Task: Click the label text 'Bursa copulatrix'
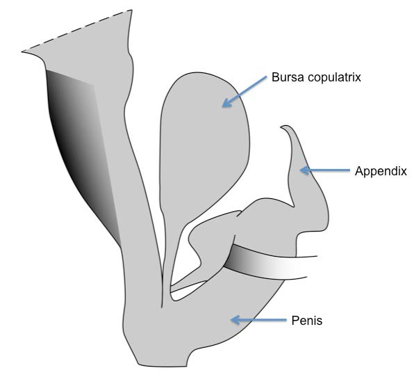[x=316, y=77]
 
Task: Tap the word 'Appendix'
[x=381, y=171]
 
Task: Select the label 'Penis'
[x=307, y=321]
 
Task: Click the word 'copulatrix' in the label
[x=334, y=78]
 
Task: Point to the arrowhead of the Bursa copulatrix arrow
[x=226, y=103]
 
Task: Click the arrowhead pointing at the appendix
[x=305, y=170]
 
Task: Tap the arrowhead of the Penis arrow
[x=235, y=320]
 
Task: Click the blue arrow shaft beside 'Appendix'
[x=329, y=170]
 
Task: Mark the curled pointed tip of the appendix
[x=281, y=127]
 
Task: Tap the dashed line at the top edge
[x=76, y=31]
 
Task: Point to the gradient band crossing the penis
[x=267, y=262]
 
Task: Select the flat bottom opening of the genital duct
[x=163, y=366]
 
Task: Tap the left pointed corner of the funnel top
[x=22, y=51]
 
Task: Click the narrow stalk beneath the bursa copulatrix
[x=165, y=254]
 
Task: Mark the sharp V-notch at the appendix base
[x=293, y=206]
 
